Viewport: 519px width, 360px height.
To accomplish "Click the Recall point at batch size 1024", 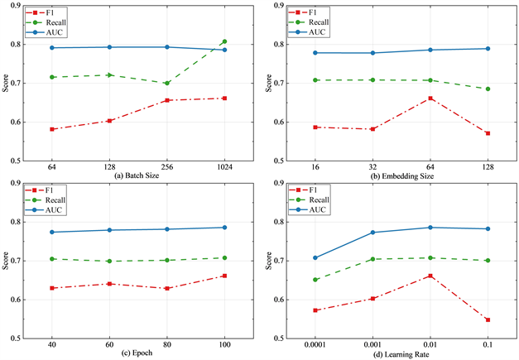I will [x=224, y=41].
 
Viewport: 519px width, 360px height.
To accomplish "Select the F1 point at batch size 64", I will [x=52, y=129].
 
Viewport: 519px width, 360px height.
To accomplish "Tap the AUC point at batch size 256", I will [x=167, y=47].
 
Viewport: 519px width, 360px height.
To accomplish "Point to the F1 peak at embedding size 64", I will [x=430, y=98].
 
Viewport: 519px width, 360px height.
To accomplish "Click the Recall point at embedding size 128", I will [x=488, y=89].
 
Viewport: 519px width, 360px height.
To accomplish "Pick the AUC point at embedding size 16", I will [x=315, y=53].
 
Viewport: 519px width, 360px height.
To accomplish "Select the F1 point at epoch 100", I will [x=224, y=276].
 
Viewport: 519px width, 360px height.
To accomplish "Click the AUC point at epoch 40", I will [x=52, y=232].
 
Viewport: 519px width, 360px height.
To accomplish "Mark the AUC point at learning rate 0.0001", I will [x=315, y=257].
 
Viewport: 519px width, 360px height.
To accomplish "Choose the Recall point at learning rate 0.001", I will [x=372, y=259].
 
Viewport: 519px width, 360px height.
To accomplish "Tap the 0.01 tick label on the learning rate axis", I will [x=430, y=344].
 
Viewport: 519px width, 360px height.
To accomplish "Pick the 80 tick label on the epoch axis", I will [x=167, y=344].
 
